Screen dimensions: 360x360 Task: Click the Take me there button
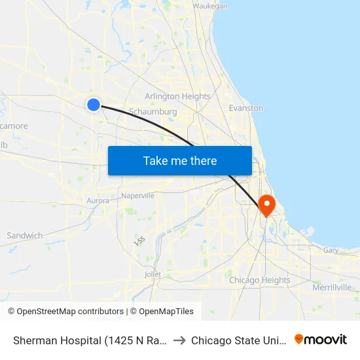pyautogui.click(x=180, y=160)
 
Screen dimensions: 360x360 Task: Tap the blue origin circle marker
pyautogui.click(x=94, y=104)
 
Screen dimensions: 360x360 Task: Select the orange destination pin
pyautogui.click(x=267, y=205)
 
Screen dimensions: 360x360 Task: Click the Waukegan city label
pyautogui.click(x=210, y=6)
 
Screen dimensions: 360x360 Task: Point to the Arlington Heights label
pyautogui.click(x=177, y=96)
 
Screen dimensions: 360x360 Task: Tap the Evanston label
pyautogui.click(x=246, y=108)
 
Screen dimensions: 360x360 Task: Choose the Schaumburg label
pyautogui.click(x=153, y=112)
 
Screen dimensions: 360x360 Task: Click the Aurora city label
pyautogui.click(x=98, y=200)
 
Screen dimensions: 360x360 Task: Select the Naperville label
pyautogui.click(x=138, y=196)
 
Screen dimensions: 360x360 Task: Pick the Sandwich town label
pyautogui.click(x=25, y=236)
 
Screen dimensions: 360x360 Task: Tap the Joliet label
pyautogui.click(x=153, y=274)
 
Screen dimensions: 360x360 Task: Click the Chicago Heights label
pyautogui.click(x=260, y=280)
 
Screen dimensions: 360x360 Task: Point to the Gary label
pyautogui.click(x=331, y=250)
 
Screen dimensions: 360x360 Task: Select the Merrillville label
pyautogui.click(x=332, y=287)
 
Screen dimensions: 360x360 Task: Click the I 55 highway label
pyautogui.click(x=139, y=241)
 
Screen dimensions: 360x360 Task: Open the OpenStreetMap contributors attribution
pyautogui.click(x=65, y=312)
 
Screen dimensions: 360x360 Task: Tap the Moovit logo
pyautogui.click(x=321, y=339)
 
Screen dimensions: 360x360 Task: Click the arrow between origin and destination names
pyautogui.click(x=179, y=340)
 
